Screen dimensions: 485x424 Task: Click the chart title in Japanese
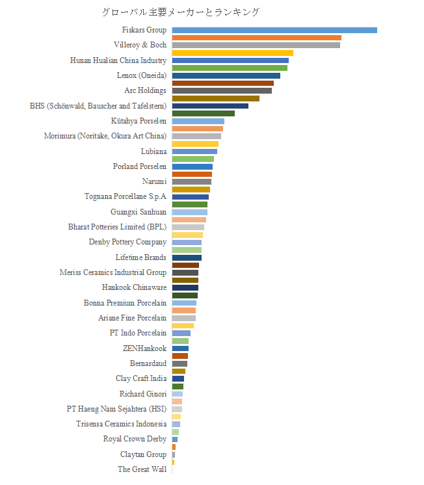coord(181,12)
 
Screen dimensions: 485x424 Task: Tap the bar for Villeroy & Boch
coord(256,45)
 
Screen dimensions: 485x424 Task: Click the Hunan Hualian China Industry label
coord(118,60)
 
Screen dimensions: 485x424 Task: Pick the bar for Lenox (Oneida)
coord(226,75)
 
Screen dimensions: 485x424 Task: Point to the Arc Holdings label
coord(145,90)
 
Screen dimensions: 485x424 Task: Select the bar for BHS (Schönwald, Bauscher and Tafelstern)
coord(210,106)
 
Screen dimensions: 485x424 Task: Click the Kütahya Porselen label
coord(139,121)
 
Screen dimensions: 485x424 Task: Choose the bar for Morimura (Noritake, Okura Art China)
coord(196,136)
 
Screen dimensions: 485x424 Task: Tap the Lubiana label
coord(153,151)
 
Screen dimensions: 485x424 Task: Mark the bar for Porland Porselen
coord(192,166)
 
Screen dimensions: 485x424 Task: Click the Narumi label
coord(154,181)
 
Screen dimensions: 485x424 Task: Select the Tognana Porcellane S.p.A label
coord(126,196)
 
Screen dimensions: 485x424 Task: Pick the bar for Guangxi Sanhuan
coord(189,212)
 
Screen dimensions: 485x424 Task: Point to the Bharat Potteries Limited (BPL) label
coord(117,227)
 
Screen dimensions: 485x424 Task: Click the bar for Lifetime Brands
coord(187,257)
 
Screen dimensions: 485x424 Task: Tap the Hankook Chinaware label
coord(134,287)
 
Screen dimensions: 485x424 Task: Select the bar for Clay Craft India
coord(178,378)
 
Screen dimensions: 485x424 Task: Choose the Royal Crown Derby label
coord(135,439)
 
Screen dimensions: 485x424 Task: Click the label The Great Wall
coord(142,469)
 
